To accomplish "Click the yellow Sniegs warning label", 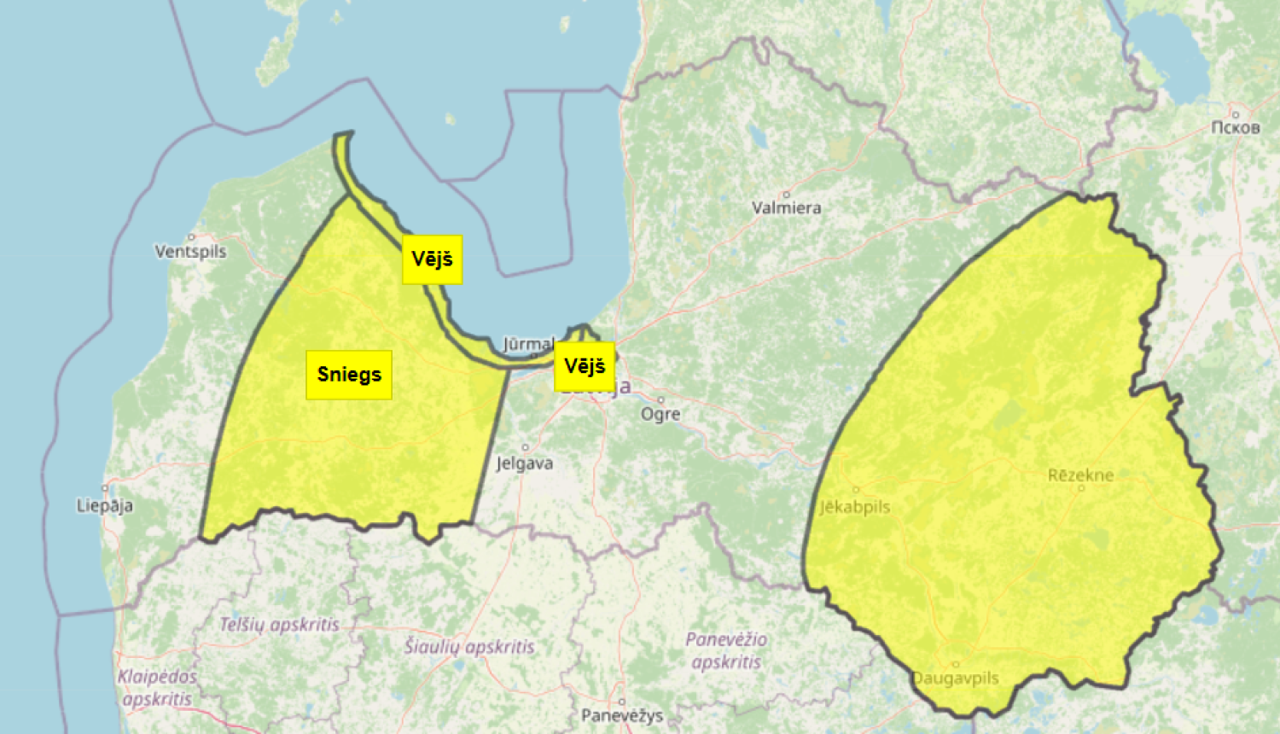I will tap(349, 375).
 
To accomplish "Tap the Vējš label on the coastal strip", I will tap(433, 259).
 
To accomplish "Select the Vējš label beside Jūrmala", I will tap(585, 367).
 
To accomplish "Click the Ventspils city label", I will tap(190, 251).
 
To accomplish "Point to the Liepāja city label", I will tap(105, 505).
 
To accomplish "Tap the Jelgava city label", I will tap(525, 463).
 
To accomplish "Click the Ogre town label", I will tap(661, 414).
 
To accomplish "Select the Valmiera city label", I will tap(787, 207).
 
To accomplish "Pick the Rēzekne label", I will tap(1080, 475).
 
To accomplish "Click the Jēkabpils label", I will tap(855, 507).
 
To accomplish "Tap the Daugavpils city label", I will tap(956, 679).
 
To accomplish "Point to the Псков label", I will tap(1235, 128).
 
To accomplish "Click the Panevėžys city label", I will tap(622, 715).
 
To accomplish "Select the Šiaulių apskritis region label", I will tap(469, 647).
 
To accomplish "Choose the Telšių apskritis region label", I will tap(280, 625).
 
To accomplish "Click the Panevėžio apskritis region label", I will tap(726, 650).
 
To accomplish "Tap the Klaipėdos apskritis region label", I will tap(157, 687).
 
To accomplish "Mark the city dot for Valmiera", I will tap(786, 195).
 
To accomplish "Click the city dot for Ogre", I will tap(660, 399).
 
